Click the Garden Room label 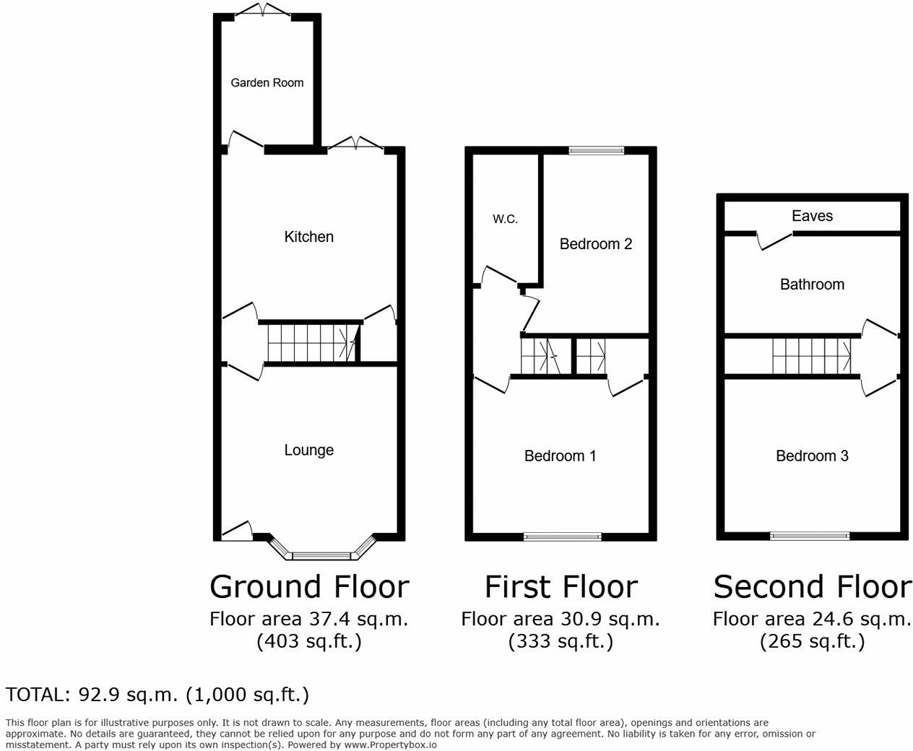click(x=267, y=82)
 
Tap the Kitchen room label click(x=308, y=236)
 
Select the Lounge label click(x=308, y=450)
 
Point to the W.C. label click(x=505, y=219)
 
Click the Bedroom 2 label click(x=595, y=244)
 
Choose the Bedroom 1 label click(x=560, y=456)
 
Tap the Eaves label click(x=812, y=216)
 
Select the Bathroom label click(x=812, y=284)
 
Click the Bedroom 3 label click(x=812, y=456)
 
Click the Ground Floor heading click(x=309, y=586)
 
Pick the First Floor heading click(x=561, y=586)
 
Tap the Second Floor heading click(x=812, y=586)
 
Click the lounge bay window click(x=322, y=555)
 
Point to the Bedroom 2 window click(x=596, y=150)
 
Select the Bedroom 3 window click(x=810, y=536)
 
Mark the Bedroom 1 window click(x=562, y=536)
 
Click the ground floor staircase click(x=311, y=343)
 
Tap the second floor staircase click(x=811, y=356)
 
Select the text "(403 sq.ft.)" click(x=309, y=641)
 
